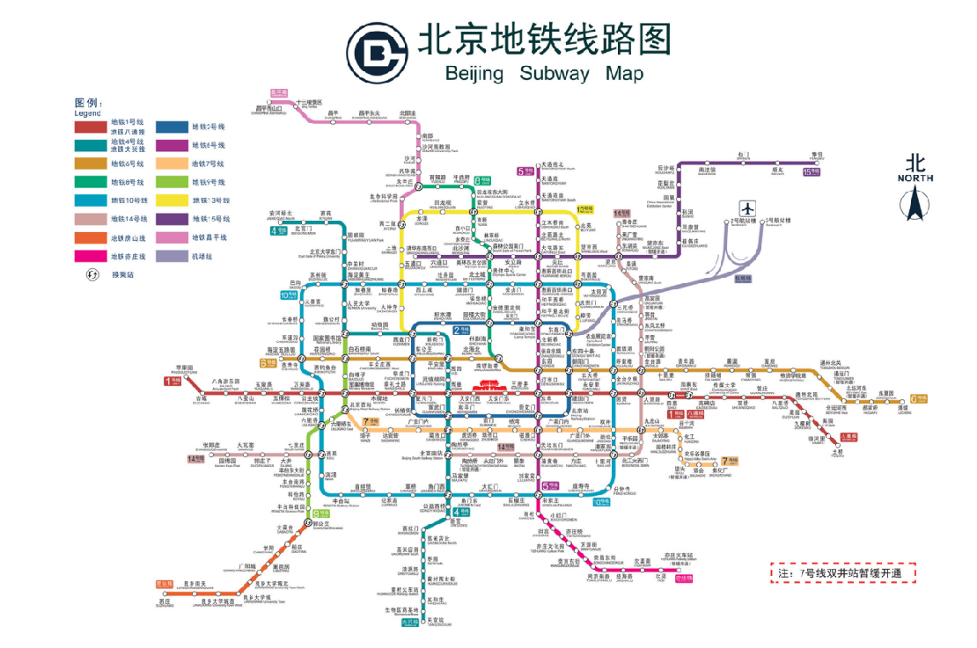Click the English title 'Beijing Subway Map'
544,74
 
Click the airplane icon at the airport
747,208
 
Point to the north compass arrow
915,203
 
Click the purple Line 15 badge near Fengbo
812,172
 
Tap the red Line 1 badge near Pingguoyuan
171,381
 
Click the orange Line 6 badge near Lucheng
919,398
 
